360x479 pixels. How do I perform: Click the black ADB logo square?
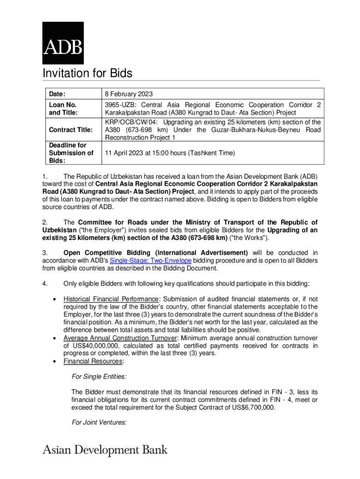click(x=63, y=43)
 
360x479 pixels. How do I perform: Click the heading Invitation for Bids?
click(x=87, y=73)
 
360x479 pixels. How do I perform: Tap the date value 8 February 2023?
click(x=129, y=94)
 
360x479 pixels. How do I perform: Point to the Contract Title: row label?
click(x=71, y=129)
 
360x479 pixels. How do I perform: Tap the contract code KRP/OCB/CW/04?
click(x=131, y=122)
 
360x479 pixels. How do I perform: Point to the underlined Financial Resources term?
click(x=93, y=362)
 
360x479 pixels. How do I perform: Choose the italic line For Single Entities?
click(x=99, y=376)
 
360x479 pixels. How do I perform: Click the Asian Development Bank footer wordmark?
click(x=105, y=450)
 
